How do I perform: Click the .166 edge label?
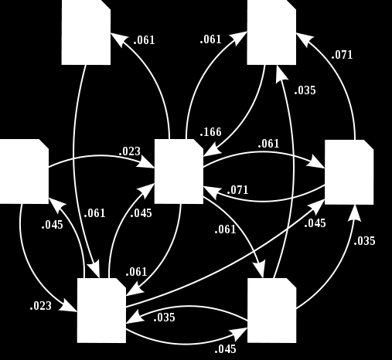click(210, 132)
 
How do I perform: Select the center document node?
click(179, 172)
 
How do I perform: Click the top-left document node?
click(86, 32)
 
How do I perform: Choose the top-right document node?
click(271, 32)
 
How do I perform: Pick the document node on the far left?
click(24, 172)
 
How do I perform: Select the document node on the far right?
click(349, 172)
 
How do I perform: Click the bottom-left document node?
click(101, 311)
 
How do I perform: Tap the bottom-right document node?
click(271, 311)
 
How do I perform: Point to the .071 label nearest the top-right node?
click(342, 55)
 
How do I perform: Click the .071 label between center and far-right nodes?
click(237, 190)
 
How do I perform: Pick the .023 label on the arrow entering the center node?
click(130, 151)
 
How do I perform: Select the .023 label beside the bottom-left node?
click(41, 306)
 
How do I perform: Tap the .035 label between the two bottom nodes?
click(164, 318)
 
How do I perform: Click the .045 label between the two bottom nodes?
click(225, 349)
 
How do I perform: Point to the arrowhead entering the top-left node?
click(118, 39)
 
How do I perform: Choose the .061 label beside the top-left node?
click(144, 40)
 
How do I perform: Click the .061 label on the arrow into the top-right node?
click(210, 39)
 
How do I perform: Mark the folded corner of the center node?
click(199, 144)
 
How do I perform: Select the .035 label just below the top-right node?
click(305, 90)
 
